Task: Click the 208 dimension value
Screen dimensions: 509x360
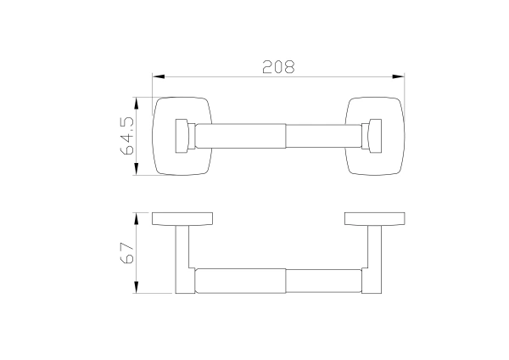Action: point(278,66)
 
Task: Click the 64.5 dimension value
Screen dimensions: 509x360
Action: point(127,136)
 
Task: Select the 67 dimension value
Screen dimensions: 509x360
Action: point(127,253)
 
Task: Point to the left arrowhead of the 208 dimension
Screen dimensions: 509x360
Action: point(159,76)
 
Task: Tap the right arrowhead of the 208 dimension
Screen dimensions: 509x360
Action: point(399,76)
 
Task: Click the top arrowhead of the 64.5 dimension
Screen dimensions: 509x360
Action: point(137,104)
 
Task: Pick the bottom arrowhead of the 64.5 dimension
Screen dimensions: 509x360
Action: point(137,169)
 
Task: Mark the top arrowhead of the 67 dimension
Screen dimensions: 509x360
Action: point(137,219)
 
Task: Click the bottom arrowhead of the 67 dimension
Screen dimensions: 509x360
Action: point(137,287)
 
